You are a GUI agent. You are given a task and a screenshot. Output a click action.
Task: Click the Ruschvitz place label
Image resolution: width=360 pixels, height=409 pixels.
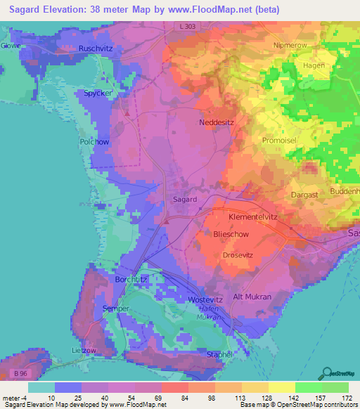pyautogui.click(x=96, y=48)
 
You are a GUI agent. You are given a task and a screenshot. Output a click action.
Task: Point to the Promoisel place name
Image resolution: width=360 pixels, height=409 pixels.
pyautogui.click(x=281, y=140)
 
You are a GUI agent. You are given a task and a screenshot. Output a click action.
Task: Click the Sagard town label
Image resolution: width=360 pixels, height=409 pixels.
pyautogui.click(x=185, y=200)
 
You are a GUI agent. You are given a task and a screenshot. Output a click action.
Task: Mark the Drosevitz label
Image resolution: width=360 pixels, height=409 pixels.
pyautogui.click(x=237, y=255)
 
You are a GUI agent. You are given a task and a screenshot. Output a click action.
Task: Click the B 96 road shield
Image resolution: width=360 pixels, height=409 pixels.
pyautogui.click(x=22, y=372)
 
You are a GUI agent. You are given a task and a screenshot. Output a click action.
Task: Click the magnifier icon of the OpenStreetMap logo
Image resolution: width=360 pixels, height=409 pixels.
pyautogui.click(x=327, y=372)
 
